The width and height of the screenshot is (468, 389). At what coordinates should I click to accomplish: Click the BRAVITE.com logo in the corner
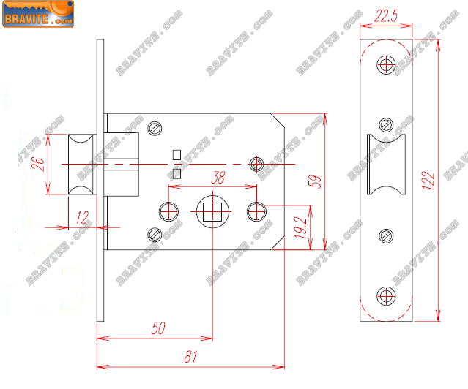[38, 14]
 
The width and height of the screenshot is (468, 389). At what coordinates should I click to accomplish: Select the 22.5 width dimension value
[386, 16]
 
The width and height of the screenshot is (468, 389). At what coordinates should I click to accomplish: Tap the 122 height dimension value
[428, 181]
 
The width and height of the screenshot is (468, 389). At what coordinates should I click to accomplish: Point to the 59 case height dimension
[315, 181]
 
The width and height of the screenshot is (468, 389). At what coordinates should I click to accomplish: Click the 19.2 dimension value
[300, 227]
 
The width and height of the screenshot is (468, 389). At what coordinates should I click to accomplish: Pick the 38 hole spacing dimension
[218, 178]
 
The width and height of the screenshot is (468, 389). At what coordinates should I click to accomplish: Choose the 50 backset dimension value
[158, 328]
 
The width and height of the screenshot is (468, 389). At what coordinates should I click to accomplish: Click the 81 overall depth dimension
[190, 357]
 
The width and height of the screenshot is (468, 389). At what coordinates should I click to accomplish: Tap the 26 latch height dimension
[38, 164]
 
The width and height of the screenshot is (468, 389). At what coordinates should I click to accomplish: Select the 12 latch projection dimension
[82, 217]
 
